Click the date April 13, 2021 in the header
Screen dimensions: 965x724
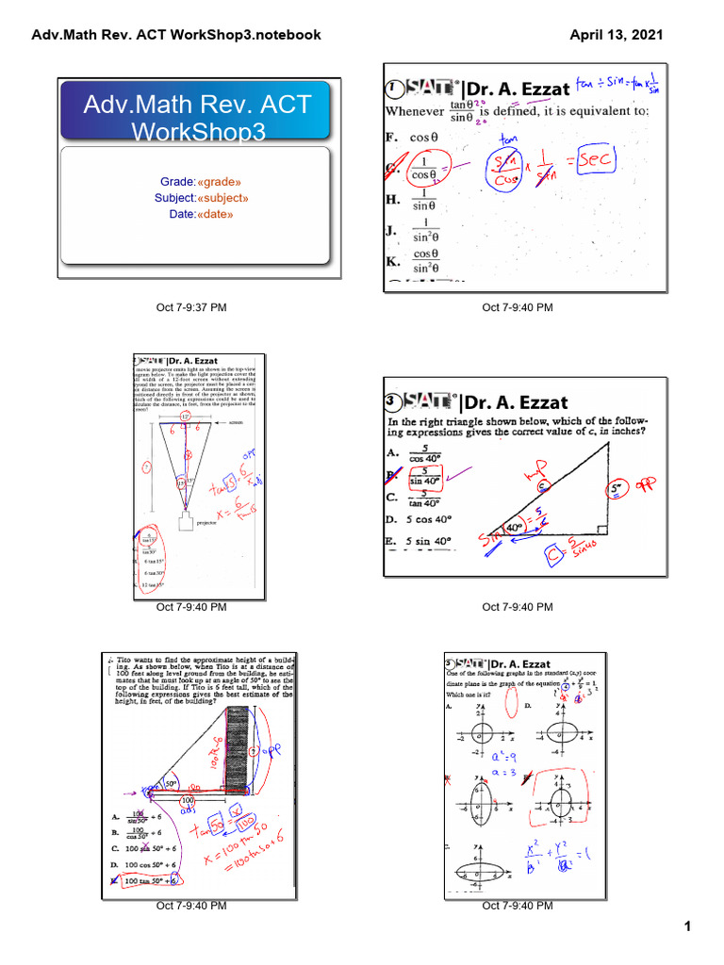point(617,35)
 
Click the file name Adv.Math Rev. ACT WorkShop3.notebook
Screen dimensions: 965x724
point(176,35)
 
